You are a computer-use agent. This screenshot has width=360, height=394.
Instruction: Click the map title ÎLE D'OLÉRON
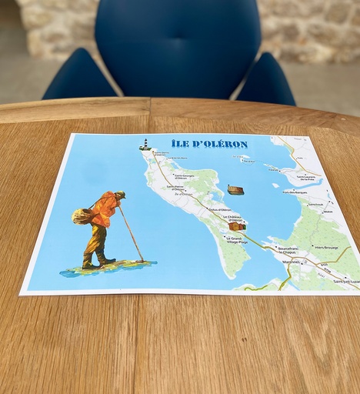click(209, 144)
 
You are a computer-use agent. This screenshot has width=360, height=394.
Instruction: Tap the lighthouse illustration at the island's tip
click(144, 144)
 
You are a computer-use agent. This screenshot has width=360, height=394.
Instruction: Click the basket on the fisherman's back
click(83, 215)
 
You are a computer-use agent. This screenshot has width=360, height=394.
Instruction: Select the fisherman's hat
click(119, 195)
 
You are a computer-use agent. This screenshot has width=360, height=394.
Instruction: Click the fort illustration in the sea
click(235, 189)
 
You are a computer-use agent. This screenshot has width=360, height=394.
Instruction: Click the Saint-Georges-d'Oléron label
click(173, 177)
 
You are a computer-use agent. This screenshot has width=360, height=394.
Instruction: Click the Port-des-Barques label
click(295, 192)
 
